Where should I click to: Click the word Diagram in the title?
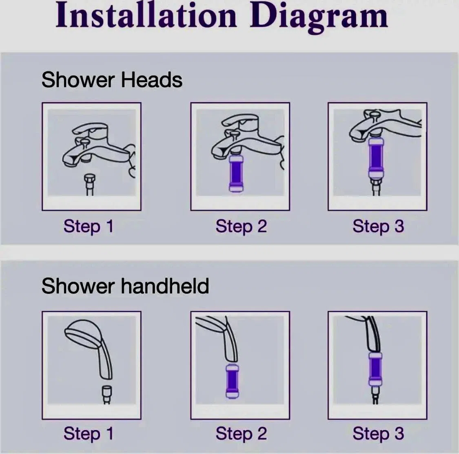tap(319, 17)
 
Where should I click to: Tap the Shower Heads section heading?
tap(112, 80)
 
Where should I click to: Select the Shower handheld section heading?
tap(125, 286)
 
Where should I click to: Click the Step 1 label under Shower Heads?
tap(89, 227)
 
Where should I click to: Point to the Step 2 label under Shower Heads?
tap(241, 227)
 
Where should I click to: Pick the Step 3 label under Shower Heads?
tap(378, 227)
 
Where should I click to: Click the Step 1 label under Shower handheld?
tap(89, 433)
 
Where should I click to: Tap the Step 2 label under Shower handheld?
tap(241, 433)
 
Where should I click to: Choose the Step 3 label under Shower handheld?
tap(378, 433)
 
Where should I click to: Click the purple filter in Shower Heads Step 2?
tap(236, 173)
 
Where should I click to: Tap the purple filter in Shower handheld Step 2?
tap(233, 381)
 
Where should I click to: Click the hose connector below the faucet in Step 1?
tap(90, 184)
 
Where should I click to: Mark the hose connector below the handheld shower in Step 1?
tap(107, 394)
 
